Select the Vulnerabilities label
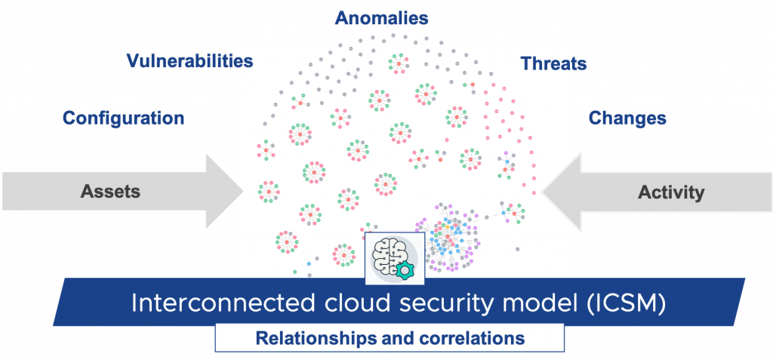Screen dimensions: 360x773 (x=189, y=61)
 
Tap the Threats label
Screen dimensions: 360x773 (x=553, y=63)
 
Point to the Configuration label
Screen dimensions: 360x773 (x=123, y=118)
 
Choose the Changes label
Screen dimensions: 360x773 (x=627, y=118)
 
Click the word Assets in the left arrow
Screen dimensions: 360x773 (x=110, y=192)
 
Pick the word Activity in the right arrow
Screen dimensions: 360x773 (x=670, y=192)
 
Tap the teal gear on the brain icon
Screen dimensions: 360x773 (x=405, y=269)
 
